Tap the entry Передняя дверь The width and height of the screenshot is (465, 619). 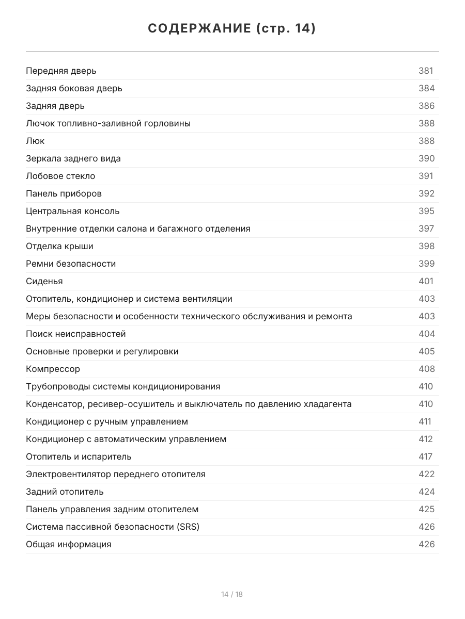click(61, 71)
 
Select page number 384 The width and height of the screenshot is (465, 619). click(426, 88)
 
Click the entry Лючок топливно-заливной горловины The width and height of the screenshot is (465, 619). click(108, 123)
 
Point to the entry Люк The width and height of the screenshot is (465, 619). click(35, 141)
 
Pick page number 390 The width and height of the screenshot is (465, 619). click(426, 158)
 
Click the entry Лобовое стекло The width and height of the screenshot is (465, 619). click(60, 176)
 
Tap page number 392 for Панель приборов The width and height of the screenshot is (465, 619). click(426, 193)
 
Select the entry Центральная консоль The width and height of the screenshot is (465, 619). click(72, 211)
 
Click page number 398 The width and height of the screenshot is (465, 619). click(426, 246)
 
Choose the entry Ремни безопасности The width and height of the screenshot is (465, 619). click(71, 264)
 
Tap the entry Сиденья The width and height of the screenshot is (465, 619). click(44, 281)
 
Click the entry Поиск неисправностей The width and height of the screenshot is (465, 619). click(76, 334)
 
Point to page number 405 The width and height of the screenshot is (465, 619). click(426, 351)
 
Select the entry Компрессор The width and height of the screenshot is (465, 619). click(53, 369)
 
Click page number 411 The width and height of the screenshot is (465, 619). click(425, 421)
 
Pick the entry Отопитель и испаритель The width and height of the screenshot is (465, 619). click(79, 457)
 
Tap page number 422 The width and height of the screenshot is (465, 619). click(426, 474)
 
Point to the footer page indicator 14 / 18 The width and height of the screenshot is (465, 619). click(232, 594)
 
